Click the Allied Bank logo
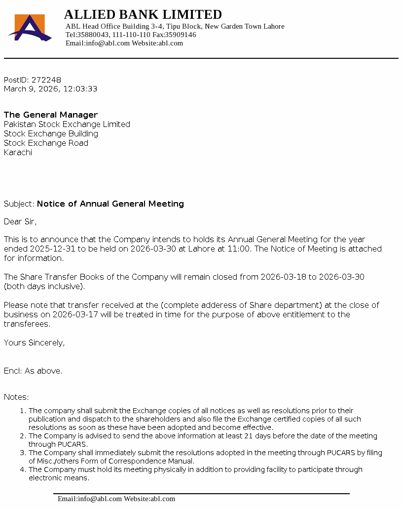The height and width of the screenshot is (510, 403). pyautogui.click(x=30, y=28)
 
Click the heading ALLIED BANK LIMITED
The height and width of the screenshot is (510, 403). pyautogui.click(x=143, y=14)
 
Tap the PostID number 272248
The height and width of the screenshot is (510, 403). pyautogui.click(x=46, y=80)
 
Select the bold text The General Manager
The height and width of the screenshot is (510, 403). pyautogui.click(x=51, y=115)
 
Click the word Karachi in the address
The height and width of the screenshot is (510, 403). pyautogui.click(x=18, y=153)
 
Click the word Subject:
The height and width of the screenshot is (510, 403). pyautogui.click(x=19, y=204)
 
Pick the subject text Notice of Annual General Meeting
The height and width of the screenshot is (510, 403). pyautogui.click(x=110, y=204)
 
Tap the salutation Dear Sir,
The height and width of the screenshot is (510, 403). pyautogui.click(x=20, y=222)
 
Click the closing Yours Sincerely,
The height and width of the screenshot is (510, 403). pyautogui.click(x=34, y=343)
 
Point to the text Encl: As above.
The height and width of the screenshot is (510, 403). pyautogui.click(x=33, y=371)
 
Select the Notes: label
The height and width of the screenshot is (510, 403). pyautogui.click(x=16, y=397)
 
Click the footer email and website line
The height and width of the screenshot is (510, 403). pyautogui.click(x=116, y=499)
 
